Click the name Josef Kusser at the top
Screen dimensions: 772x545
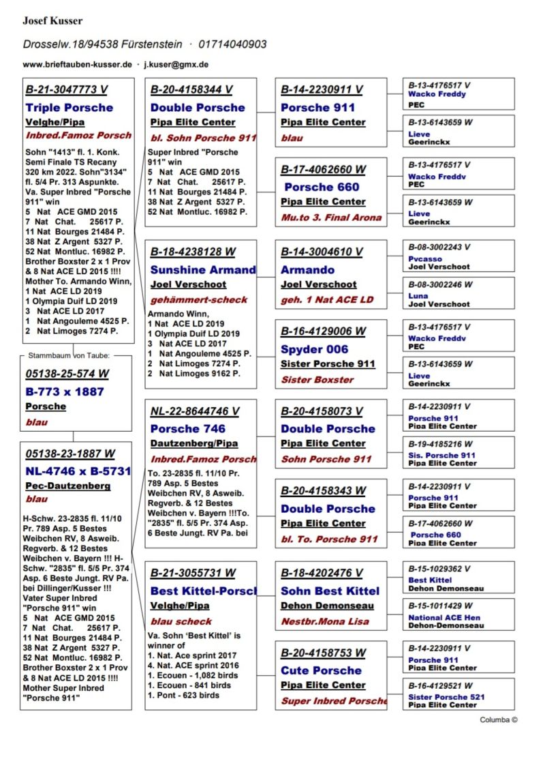[x=53, y=20]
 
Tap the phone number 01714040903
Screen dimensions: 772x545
[x=232, y=44]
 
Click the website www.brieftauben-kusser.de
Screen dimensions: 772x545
[x=77, y=65]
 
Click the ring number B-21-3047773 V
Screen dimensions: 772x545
[x=66, y=89]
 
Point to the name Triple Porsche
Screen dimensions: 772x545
[x=69, y=108]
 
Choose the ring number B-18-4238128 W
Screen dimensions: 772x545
[x=193, y=252]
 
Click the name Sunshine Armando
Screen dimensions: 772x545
[x=203, y=270]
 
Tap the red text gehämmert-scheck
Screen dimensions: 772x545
[x=189, y=300]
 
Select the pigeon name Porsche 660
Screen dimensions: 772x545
[x=322, y=187]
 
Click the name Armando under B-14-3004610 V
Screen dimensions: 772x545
[x=307, y=270]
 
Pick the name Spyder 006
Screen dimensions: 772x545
[x=314, y=350]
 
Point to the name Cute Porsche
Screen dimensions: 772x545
[x=321, y=670]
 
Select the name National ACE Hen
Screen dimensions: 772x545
[x=444, y=618]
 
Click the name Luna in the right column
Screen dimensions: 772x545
[x=419, y=297]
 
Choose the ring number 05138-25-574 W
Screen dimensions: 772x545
[x=67, y=374]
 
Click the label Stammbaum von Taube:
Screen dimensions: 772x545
[x=69, y=355]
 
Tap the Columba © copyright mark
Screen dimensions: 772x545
[x=499, y=719]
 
